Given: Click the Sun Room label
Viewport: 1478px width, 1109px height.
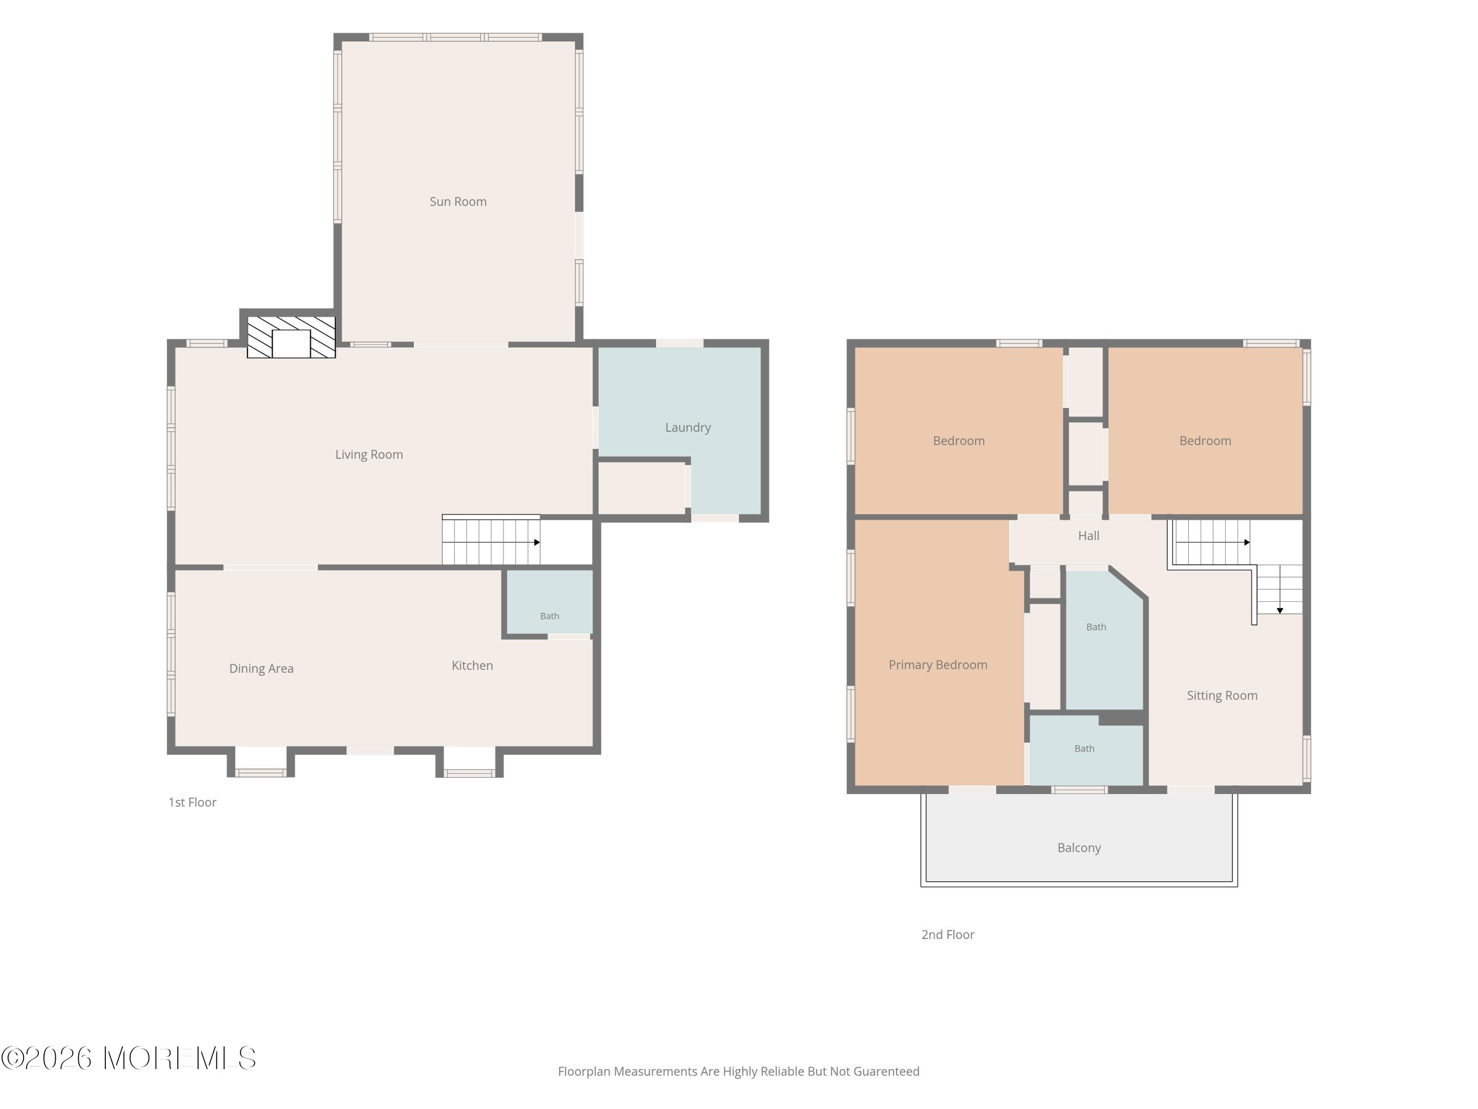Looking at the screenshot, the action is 458,201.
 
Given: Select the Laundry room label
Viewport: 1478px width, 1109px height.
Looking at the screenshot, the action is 688,428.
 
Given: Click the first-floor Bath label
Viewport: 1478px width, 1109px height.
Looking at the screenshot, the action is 549,616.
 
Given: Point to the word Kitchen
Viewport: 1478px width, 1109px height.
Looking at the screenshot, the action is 472,665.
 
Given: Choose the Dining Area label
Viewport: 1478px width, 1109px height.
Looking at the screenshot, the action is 261,668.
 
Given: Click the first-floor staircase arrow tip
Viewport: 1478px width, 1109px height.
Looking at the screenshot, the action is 538,542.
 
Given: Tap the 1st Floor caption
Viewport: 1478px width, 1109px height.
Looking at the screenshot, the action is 193,802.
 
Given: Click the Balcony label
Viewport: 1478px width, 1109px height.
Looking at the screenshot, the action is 1078,848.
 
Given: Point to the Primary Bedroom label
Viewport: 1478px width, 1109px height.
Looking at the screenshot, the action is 938,664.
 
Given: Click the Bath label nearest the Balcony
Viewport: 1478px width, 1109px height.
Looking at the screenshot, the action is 1084,749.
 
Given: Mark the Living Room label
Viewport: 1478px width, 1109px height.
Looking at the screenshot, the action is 369,454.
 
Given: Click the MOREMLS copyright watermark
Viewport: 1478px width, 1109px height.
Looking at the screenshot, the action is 128,1058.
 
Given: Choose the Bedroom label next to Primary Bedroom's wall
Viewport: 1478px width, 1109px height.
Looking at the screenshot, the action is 958,441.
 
